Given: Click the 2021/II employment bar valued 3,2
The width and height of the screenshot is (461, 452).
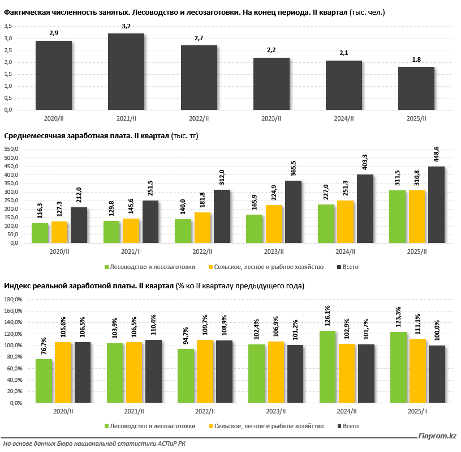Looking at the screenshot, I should tap(126, 72).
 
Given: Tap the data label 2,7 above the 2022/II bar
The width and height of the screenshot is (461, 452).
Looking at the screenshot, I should tap(199, 38).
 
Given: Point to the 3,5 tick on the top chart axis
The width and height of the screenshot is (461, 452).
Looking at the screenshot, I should tap(8, 26).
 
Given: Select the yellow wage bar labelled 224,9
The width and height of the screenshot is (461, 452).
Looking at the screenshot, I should tap(274, 224).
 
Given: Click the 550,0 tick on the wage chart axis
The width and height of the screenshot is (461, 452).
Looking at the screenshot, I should tap(11, 149).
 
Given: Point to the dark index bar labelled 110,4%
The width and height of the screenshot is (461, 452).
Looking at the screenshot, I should tap(153, 372).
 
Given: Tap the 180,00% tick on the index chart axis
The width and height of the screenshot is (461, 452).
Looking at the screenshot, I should tap(12, 311).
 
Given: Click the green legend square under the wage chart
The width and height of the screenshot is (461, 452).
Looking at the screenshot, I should tap(106, 267).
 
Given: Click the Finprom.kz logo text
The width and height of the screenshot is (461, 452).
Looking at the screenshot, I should tap(437, 436).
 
